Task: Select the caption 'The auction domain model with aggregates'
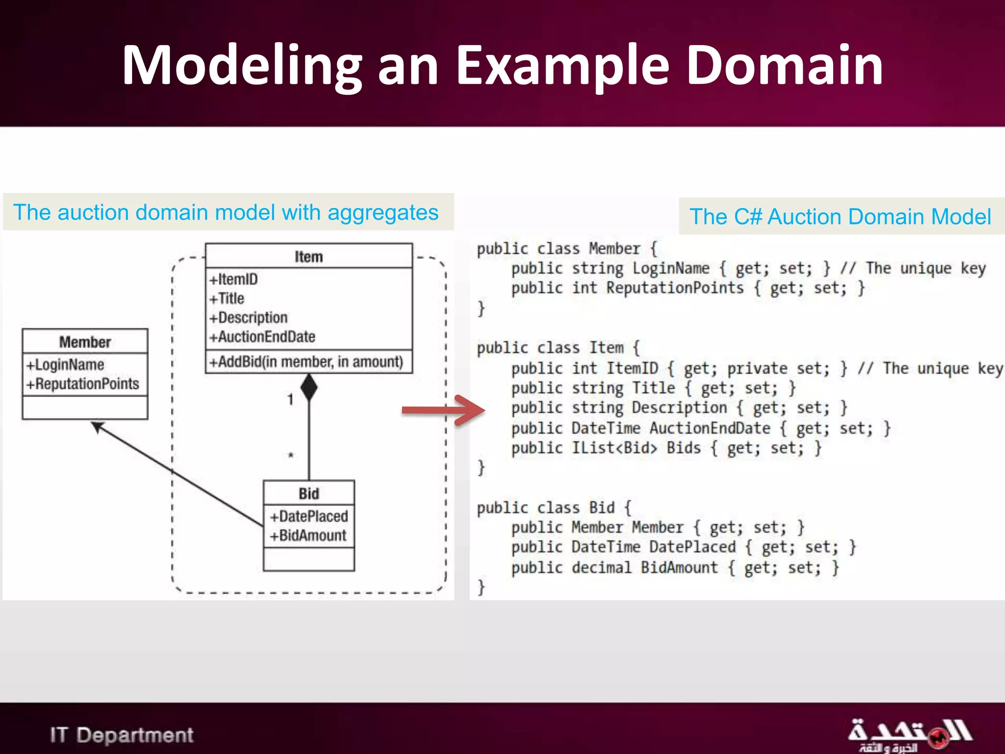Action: click(x=226, y=213)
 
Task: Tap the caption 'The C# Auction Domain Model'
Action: click(x=840, y=216)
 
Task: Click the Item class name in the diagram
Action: click(x=309, y=257)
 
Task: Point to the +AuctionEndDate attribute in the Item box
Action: click(x=263, y=337)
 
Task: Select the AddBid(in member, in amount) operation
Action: click(x=307, y=362)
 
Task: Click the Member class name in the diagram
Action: click(x=85, y=342)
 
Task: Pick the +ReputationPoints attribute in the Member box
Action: click(x=83, y=384)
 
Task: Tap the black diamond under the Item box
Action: click(x=309, y=387)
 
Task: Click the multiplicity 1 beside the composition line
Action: click(x=291, y=400)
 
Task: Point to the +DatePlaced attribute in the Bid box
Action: click(x=309, y=516)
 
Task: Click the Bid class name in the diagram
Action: click(x=309, y=493)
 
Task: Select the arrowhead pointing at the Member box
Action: click(x=98, y=427)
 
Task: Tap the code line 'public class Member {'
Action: click(x=567, y=249)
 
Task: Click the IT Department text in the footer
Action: click(x=121, y=735)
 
